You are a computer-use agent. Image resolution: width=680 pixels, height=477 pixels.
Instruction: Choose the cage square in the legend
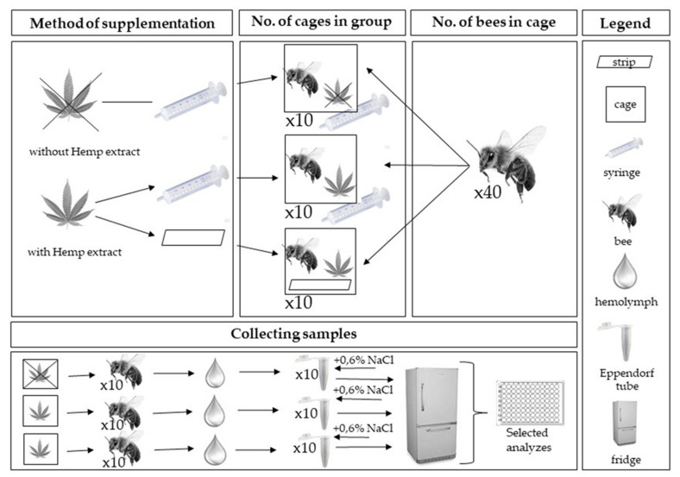pos(626,106)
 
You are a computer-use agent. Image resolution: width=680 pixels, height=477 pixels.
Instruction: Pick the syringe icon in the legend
pos(626,147)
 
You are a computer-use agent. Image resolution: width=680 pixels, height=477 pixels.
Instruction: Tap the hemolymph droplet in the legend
pos(626,272)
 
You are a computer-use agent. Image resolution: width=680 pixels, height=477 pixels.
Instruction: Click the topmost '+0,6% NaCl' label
pos(356,361)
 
